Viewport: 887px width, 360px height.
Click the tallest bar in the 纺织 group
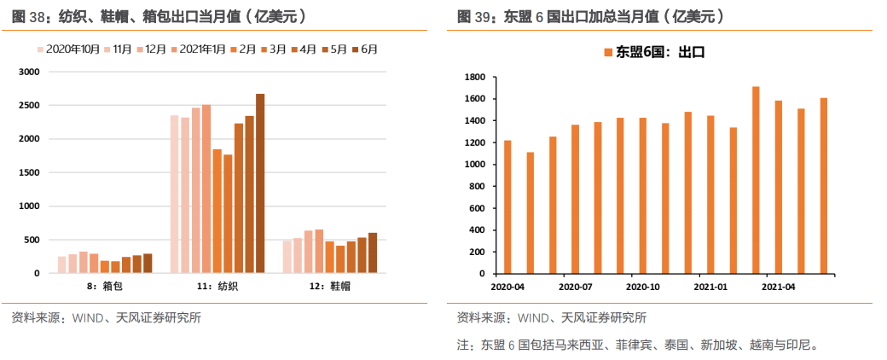click(x=260, y=183)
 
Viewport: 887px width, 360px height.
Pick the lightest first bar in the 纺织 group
click(x=174, y=195)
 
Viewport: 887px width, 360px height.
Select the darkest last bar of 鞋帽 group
click(x=372, y=253)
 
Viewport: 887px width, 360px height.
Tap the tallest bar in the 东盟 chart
click(x=756, y=181)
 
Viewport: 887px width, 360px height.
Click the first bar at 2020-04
click(x=507, y=207)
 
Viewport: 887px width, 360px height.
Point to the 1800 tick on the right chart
click(x=474, y=77)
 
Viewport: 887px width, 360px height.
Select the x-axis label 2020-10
click(x=641, y=287)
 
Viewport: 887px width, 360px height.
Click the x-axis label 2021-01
click(x=710, y=287)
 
